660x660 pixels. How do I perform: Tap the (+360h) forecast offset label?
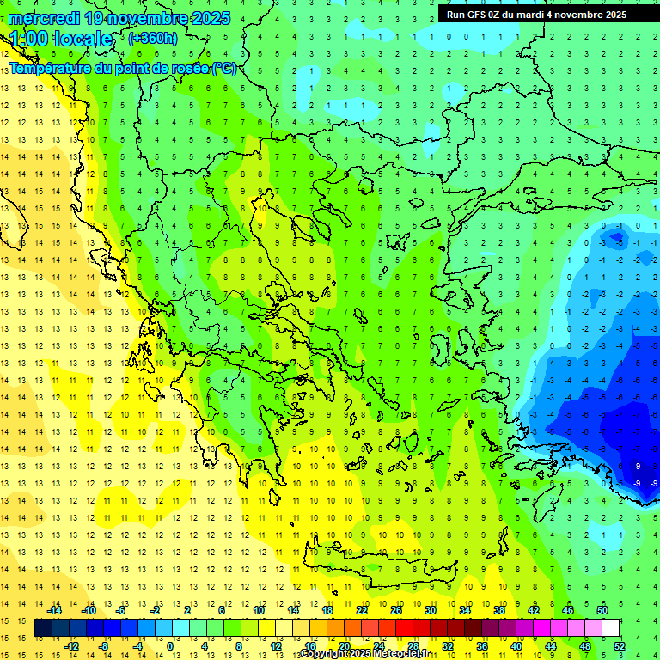point(153,38)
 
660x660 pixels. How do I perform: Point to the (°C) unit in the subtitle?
point(224,69)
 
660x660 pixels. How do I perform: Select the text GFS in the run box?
point(480,15)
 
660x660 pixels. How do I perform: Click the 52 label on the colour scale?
point(620,646)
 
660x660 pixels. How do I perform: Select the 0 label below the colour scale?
point(169,646)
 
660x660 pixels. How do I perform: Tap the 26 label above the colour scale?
point(396,610)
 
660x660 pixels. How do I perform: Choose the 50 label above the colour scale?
point(602,610)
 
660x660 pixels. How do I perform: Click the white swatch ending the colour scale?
point(610,628)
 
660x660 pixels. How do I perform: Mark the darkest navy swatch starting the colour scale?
point(43,628)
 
